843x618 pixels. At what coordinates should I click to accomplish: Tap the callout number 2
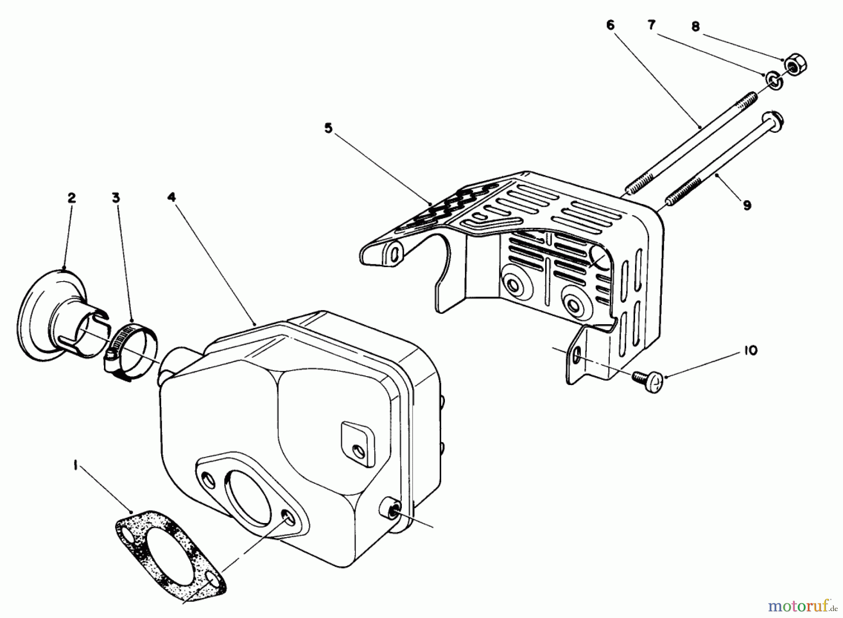tap(71, 197)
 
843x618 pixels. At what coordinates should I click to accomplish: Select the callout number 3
tap(116, 197)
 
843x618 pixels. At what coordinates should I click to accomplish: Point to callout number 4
tap(171, 197)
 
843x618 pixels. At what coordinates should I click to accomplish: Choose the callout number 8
tap(695, 27)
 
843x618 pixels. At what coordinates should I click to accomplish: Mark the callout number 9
tap(747, 205)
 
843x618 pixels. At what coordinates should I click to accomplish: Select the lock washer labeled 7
tap(772, 80)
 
